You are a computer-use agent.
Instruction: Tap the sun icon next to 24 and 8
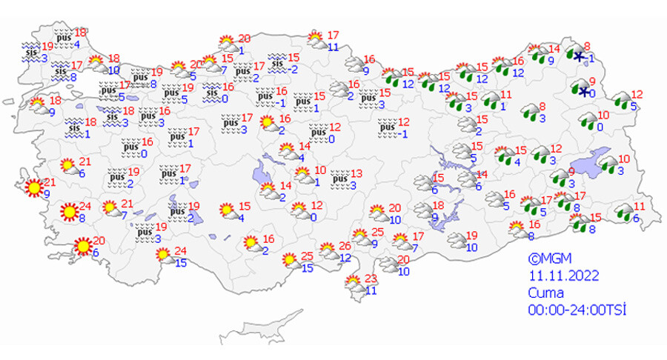69,212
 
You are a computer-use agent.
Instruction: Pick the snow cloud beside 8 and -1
576,53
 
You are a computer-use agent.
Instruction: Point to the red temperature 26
344,246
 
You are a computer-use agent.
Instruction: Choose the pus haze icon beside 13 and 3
339,178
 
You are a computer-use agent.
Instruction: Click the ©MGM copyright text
545,259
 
